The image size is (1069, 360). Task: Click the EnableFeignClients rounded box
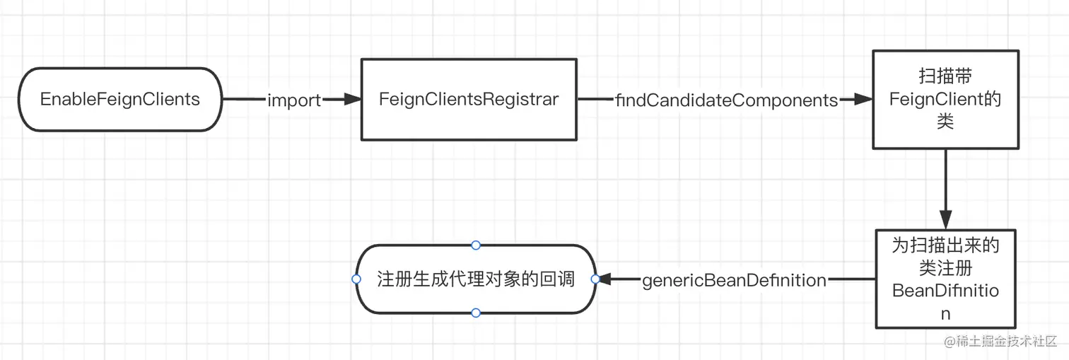(119, 99)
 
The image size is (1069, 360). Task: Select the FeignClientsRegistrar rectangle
(469, 99)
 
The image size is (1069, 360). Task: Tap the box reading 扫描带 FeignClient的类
(945, 99)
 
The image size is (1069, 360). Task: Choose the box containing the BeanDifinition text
(945, 279)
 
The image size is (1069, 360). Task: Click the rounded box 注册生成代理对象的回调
(475, 279)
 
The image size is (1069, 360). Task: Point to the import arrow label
(294, 100)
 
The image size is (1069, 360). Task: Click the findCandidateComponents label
(727, 100)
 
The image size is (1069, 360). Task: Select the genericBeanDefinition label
(734, 280)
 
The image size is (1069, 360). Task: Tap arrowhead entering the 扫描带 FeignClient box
(863, 100)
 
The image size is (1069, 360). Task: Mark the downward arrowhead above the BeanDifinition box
(945, 220)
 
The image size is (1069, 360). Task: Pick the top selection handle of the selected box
(476, 245)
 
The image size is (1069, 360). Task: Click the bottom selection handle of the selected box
(476, 313)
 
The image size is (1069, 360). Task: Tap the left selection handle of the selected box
(356, 279)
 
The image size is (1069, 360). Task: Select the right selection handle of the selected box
(595, 279)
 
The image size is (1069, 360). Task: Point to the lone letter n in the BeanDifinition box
(945, 313)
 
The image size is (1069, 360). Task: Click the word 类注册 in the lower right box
(945, 268)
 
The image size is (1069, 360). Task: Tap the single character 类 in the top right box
(945, 122)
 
